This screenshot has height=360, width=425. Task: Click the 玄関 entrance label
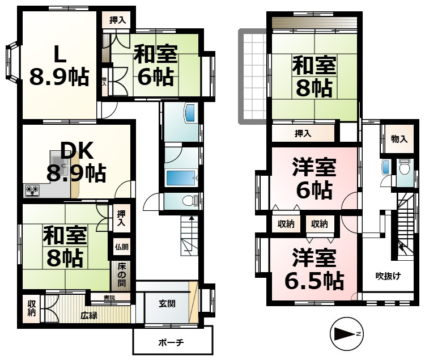coord(167,304)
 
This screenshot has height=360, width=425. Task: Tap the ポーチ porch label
coord(171,342)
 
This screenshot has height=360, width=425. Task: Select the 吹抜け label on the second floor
coord(388,276)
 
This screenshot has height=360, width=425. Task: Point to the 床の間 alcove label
coord(122,275)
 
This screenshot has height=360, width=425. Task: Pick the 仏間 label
coord(122,247)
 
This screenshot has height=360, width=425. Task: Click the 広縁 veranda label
coord(89,316)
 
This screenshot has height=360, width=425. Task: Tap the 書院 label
coord(109,298)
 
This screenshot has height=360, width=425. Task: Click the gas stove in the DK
coord(32,190)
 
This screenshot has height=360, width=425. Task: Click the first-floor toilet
coord(190,201)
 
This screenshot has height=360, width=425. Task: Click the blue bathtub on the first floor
coord(181,178)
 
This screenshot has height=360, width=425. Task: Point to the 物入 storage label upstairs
coord(399,139)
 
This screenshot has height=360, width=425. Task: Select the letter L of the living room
coord(59,54)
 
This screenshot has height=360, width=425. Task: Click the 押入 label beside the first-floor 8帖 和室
coord(121,218)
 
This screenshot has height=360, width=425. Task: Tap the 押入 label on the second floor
coord(303,133)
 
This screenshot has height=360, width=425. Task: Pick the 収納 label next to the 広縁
coord(31,308)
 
